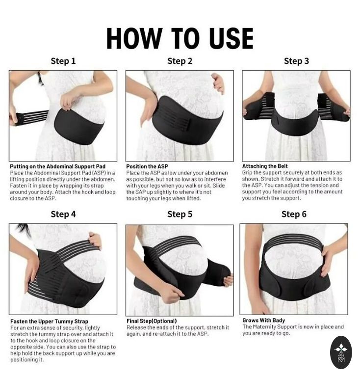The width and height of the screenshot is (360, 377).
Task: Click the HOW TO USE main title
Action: [180, 38]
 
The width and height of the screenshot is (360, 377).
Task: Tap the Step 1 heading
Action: [63, 61]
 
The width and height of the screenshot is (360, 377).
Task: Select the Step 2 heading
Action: [180, 61]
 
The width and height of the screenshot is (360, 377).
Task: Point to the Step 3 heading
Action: [296, 61]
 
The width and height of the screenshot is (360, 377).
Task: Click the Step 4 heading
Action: [63, 214]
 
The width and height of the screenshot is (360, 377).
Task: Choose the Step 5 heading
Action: [180, 214]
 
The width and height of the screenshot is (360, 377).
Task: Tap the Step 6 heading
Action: [294, 214]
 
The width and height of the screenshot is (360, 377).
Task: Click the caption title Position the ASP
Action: [147, 166]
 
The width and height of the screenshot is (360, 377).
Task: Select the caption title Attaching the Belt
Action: [265, 166]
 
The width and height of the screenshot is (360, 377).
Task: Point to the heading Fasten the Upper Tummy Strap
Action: [49, 322]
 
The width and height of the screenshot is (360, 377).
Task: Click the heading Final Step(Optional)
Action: [152, 321]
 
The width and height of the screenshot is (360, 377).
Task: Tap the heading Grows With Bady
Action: [264, 320]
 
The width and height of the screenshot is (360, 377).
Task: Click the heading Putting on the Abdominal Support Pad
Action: [58, 166]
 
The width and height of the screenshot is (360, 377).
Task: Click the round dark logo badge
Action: [341, 352]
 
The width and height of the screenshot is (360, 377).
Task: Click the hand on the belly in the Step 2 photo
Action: [218, 82]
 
